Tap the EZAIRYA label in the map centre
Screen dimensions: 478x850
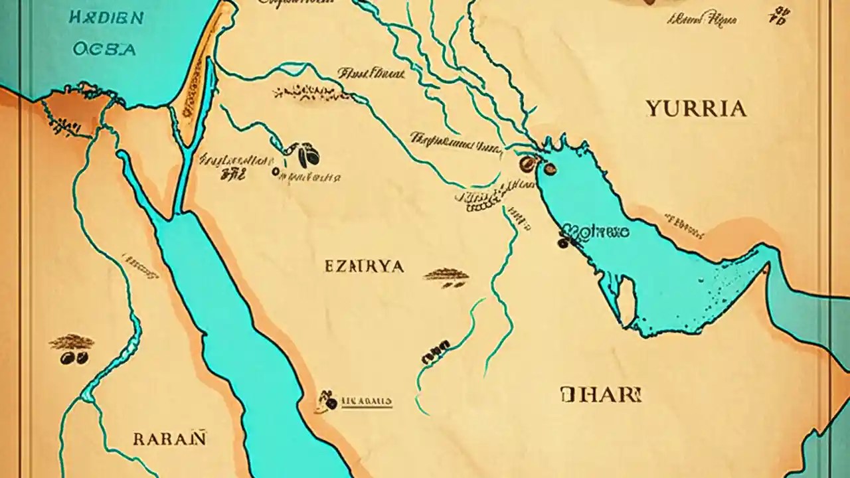(365, 266)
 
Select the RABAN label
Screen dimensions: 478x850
(170, 439)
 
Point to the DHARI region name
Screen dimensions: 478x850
(601, 394)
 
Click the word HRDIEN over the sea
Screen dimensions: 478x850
(106, 18)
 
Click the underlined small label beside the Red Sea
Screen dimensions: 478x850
(367, 402)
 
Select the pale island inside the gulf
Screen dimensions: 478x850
(626, 301)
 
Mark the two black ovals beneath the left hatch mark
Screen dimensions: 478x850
(74, 358)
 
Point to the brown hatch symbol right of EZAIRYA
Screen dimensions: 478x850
(446, 274)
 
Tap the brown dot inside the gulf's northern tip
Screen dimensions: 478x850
(550, 169)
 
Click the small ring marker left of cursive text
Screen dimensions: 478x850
(276, 172)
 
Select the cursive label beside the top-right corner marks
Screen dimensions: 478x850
(703, 19)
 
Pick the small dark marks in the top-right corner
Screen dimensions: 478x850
(779, 16)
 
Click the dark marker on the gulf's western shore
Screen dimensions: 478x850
(563, 243)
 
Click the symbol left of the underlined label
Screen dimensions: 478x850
(327, 400)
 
